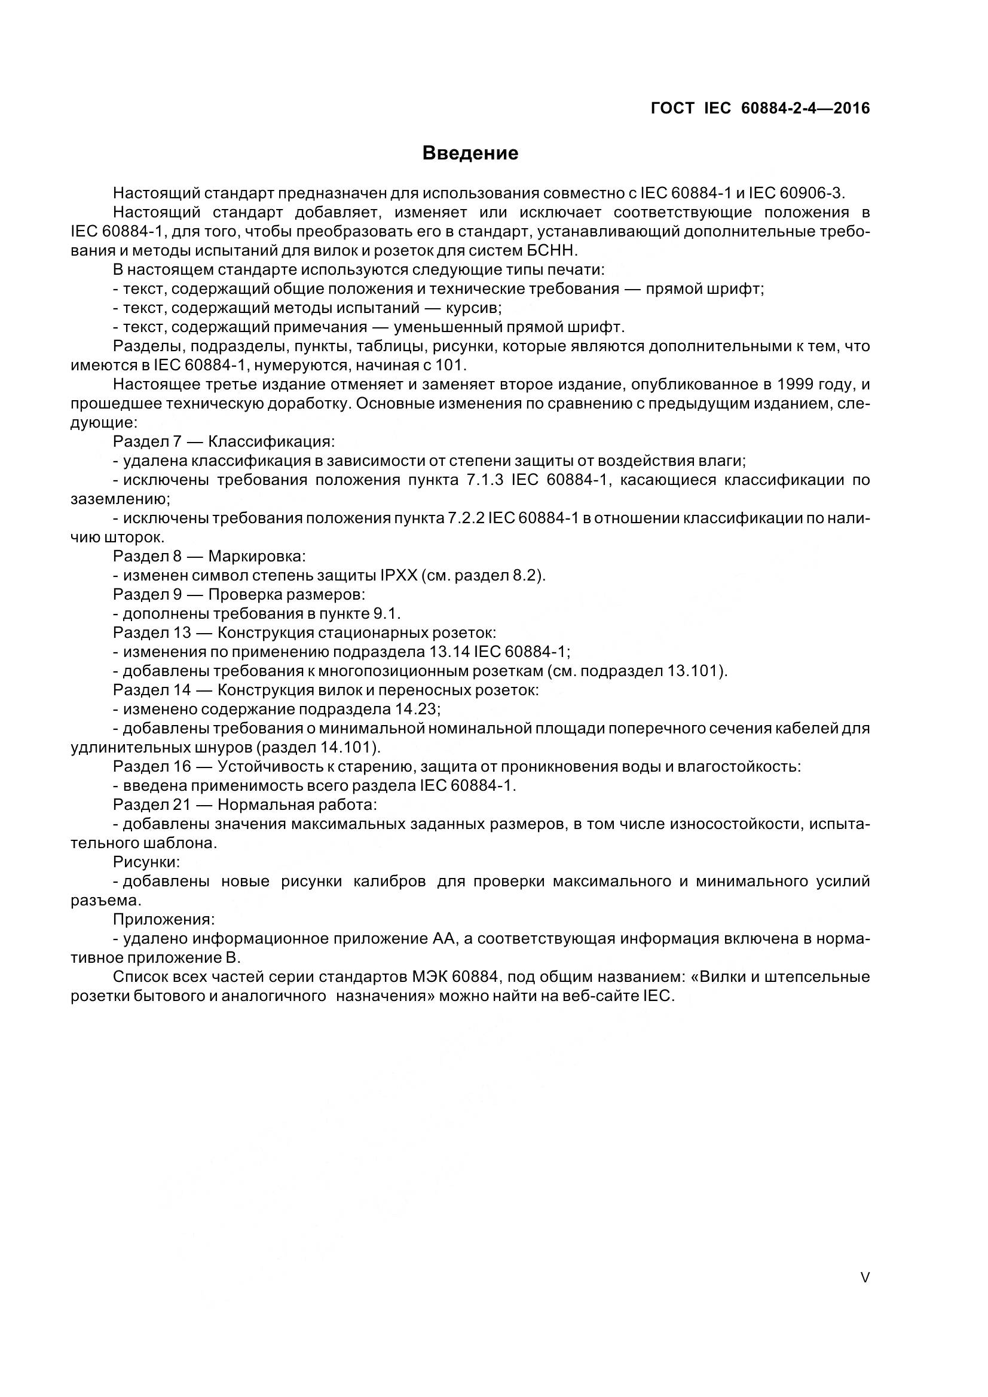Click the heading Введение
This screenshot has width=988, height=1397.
(x=470, y=153)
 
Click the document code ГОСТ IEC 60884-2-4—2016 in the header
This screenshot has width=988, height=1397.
(x=760, y=108)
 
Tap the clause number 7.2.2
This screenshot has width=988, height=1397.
(x=466, y=518)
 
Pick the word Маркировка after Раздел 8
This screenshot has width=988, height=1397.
(x=256, y=556)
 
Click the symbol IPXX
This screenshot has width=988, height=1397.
(x=399, y=575)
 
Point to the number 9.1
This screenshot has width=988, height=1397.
(x=387, y=613)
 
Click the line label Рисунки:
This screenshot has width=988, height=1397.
(x=146, y=862)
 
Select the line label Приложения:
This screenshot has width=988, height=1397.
(x=164, y=919)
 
